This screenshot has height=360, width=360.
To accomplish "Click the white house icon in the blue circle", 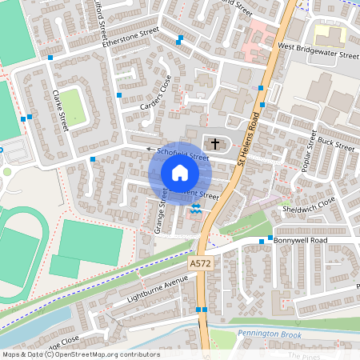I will pos(180,173).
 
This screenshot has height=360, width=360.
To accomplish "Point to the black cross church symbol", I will pos(214,144).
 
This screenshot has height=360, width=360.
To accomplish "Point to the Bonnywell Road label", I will pos(301,240).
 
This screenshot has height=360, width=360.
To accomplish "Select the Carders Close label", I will pos(156,93).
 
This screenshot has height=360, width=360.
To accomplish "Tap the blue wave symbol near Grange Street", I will pos(196,210).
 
